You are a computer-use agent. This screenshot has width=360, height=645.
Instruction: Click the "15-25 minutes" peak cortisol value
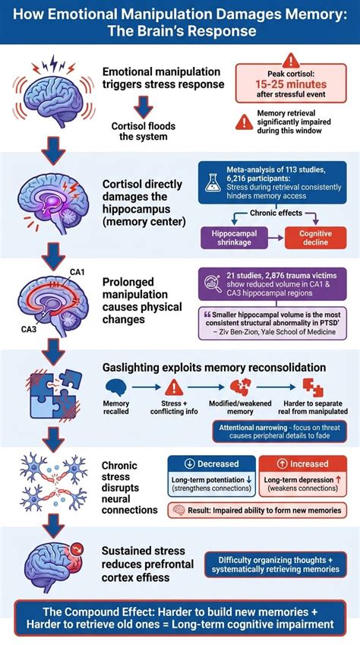291,85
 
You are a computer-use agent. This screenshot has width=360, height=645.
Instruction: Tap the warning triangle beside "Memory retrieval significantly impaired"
245,122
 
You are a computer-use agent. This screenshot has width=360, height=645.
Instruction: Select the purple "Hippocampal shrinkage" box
235,238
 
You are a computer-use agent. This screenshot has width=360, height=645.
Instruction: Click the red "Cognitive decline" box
315,238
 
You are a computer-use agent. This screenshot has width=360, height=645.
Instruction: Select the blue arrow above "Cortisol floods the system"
144,106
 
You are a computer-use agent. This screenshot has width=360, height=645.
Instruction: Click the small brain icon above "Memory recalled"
115,387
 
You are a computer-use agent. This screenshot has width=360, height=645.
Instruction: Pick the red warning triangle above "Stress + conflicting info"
174,387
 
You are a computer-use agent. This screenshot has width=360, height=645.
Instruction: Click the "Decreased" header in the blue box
212,463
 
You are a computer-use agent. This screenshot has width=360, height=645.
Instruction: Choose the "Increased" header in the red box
302,463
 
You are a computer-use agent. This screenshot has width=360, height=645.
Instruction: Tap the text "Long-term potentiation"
208,479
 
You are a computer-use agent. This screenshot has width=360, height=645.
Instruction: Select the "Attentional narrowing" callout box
279,431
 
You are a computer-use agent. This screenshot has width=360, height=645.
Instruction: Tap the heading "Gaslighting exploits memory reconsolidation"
214,367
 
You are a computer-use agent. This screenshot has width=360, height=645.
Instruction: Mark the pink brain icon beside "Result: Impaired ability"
178,511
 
